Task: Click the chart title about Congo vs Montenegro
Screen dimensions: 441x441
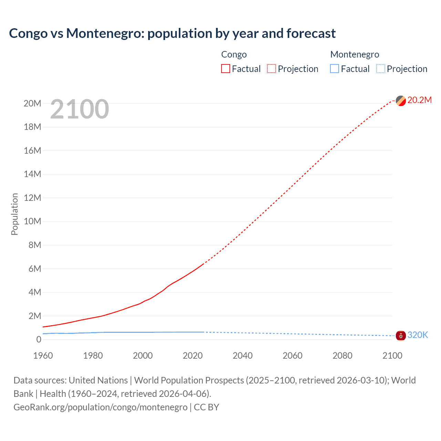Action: pyautogui.click(x=172, y=33)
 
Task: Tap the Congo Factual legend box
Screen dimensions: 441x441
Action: pyautogui.click(x=225, y=69)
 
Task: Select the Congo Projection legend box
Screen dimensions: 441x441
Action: pyautogui.click(x=271, y=69)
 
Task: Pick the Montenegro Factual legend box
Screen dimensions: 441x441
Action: pyautogui.click(x=334, y=69)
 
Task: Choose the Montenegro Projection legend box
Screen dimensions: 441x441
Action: pyautogui.click(x=380, y=69)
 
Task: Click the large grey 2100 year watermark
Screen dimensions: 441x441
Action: pyautogui.click(x=80, y=109)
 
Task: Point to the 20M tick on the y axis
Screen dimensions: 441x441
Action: pyautogui.click(x=32, y=103)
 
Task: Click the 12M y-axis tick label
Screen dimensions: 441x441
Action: pyautogui.click(x=32, y=198)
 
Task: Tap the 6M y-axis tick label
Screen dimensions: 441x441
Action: pyautogui.click(x=34, y=269)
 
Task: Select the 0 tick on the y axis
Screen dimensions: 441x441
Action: pyautogui.click(x=39, y=339)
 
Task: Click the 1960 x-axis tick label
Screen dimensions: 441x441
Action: pyautogui.click(x=43, y=356)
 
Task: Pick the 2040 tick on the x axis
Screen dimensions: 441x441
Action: pyautogui.click(x=243, y=356)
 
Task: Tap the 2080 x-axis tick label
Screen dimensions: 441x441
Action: pyautogui.click(x=342, y=356)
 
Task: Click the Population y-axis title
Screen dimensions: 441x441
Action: pyautogui.click(x=14, y=214)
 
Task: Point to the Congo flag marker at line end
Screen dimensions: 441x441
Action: pyautogui.click(x=401, y=101)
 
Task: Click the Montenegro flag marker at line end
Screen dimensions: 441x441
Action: pyautogui.click(x=401, y=335)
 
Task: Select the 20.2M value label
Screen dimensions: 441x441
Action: pyautogui.click(x=419, y=100)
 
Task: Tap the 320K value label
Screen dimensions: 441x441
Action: pyautogui.click(x=418, y=335)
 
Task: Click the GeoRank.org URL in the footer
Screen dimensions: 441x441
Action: pyautogui.click(x=100, y=407)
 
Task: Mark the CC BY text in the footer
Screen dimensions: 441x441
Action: pyautogui.click(x=206, y=407)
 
